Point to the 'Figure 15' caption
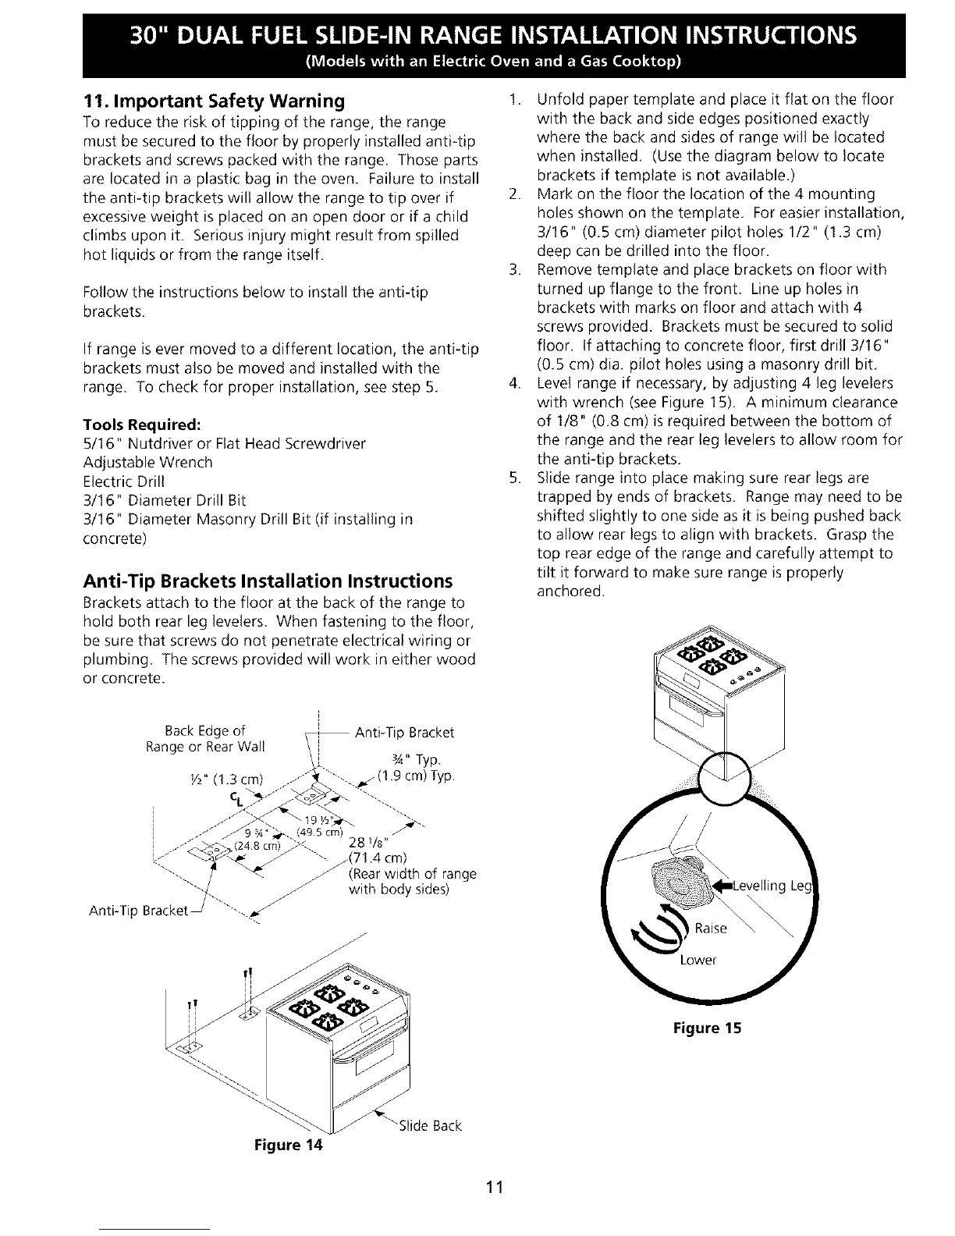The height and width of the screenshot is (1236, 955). coord(708,1028)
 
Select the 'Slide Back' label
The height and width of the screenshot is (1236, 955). coord(430,1126)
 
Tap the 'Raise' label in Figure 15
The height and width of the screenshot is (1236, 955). coord(710,928)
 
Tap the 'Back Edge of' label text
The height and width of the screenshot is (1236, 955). coord(206,730)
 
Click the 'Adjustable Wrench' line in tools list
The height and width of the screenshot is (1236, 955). coord(147,463)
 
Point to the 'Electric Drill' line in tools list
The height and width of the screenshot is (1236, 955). coord(125,481)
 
